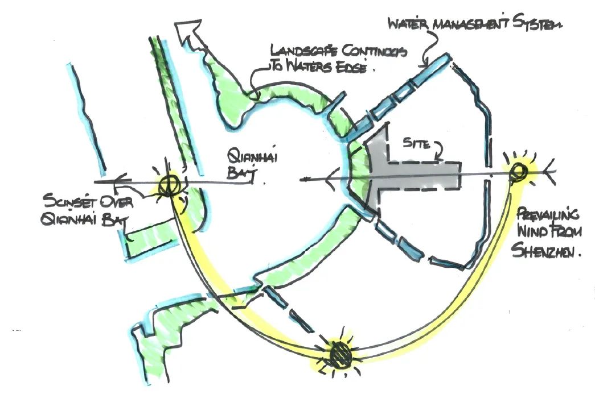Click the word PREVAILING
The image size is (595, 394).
550,215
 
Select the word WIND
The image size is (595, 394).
532,233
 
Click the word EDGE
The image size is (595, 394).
350,68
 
